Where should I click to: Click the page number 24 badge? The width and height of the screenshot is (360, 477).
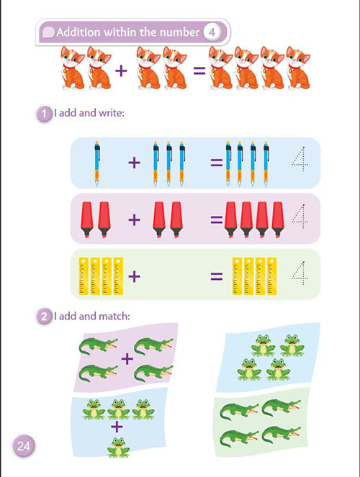click(24, 446)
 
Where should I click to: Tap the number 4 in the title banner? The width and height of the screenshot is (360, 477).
click(212, 32)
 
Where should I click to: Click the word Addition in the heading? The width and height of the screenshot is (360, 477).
click(78, 32)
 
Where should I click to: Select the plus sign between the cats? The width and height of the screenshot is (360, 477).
click(121, 71)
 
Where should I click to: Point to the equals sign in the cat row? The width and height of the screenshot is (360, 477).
click(199, 71)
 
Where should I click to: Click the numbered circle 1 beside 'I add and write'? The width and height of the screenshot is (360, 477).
click(44, 114)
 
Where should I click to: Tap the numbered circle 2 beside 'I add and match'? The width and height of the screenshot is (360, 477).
click(44, 317)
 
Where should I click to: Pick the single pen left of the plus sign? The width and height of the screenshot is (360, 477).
click(97, 163)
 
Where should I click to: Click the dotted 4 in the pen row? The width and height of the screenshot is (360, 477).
click(300, 159)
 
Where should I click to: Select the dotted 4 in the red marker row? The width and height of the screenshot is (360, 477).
click(300, 216)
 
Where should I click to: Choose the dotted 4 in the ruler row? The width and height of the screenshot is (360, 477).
click(300, 273)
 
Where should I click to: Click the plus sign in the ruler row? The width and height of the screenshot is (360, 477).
click(134, 276)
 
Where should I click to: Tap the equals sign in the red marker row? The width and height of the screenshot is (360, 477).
click(217, 219)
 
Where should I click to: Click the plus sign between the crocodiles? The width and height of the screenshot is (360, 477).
click(127, 359)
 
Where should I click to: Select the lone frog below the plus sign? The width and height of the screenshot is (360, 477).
click(118, 448)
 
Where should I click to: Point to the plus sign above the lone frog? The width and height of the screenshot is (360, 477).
click(117, 427)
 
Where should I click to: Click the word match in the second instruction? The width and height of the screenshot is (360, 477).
click(114, 317)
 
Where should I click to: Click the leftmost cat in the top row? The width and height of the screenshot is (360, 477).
click(73, 68)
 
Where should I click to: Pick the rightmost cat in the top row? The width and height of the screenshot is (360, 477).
click(298, 68)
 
